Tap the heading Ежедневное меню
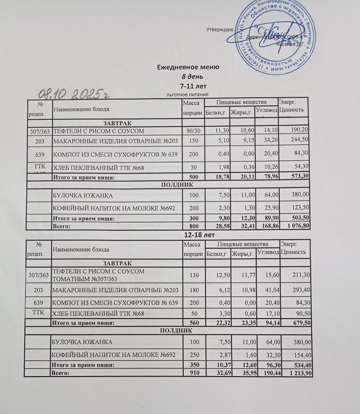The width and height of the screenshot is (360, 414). [188, 67]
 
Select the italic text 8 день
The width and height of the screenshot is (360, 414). [192, 77]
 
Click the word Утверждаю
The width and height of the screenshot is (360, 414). [220, 29]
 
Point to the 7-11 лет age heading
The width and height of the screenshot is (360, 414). [193, 86]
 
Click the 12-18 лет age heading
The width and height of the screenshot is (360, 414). [199, 235]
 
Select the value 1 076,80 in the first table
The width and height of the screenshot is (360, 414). [298, 226]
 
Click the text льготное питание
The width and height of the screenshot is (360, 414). [187, 95]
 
